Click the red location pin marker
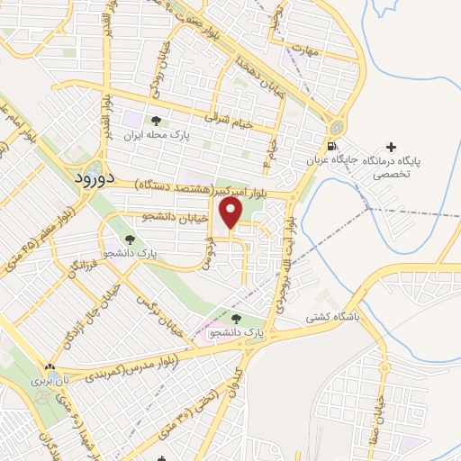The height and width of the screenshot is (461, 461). (x=232, y=212)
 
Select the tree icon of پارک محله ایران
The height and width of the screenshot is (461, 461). (x=157, y=121)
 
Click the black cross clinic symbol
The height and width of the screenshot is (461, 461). (x=390, y=147)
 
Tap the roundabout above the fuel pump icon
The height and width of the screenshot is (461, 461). (x=339, y=127)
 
